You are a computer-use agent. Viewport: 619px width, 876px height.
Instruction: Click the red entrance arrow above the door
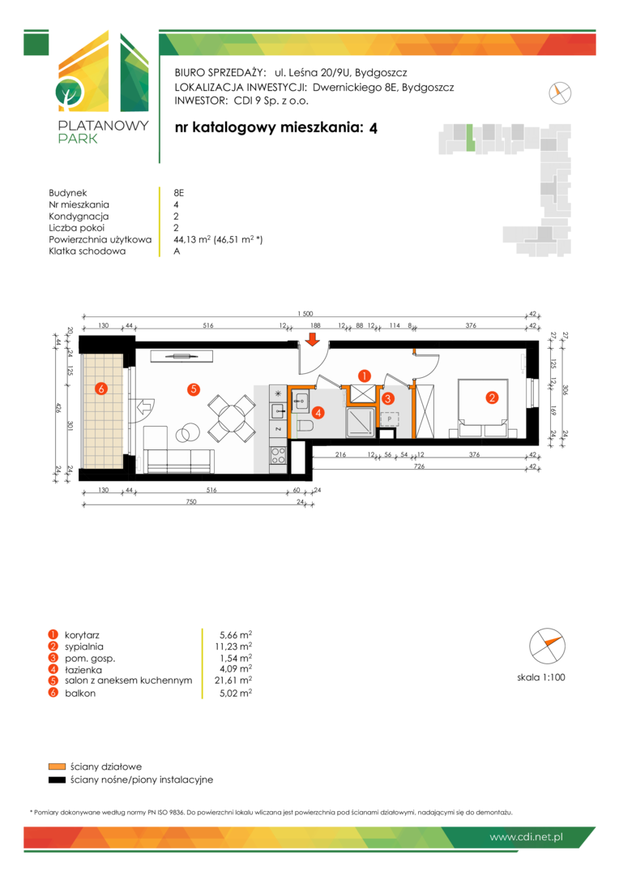313,339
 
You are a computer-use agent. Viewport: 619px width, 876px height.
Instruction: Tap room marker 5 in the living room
193,389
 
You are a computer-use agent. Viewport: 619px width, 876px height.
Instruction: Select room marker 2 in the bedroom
492,397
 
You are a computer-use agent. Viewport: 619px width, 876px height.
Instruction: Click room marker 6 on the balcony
101,389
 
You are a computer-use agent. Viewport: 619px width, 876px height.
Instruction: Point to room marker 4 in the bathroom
318,413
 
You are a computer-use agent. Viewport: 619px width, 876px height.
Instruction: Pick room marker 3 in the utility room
388,398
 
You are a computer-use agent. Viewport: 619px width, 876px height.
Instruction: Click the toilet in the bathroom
304,427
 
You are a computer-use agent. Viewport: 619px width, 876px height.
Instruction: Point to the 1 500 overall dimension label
305,314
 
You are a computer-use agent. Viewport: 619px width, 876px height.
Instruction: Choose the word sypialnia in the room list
83,647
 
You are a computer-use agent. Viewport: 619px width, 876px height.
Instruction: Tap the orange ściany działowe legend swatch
57,766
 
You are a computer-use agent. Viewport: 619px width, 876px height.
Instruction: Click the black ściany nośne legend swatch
57,780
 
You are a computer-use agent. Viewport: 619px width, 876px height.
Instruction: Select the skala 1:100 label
541,677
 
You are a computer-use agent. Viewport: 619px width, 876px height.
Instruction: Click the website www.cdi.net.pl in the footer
526,837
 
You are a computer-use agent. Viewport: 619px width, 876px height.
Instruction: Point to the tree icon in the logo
69,93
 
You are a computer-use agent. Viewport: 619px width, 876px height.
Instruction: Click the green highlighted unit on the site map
471,139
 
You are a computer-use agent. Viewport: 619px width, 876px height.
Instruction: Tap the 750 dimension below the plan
191,502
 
